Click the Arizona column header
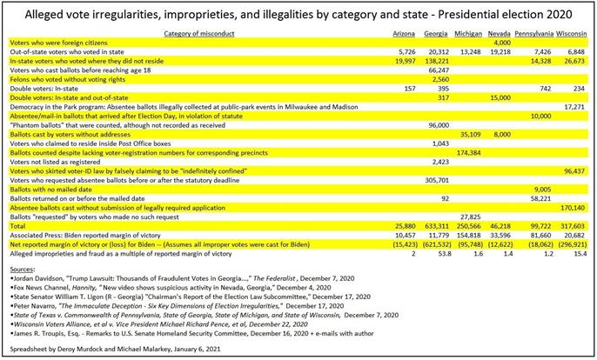pos(402,32)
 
